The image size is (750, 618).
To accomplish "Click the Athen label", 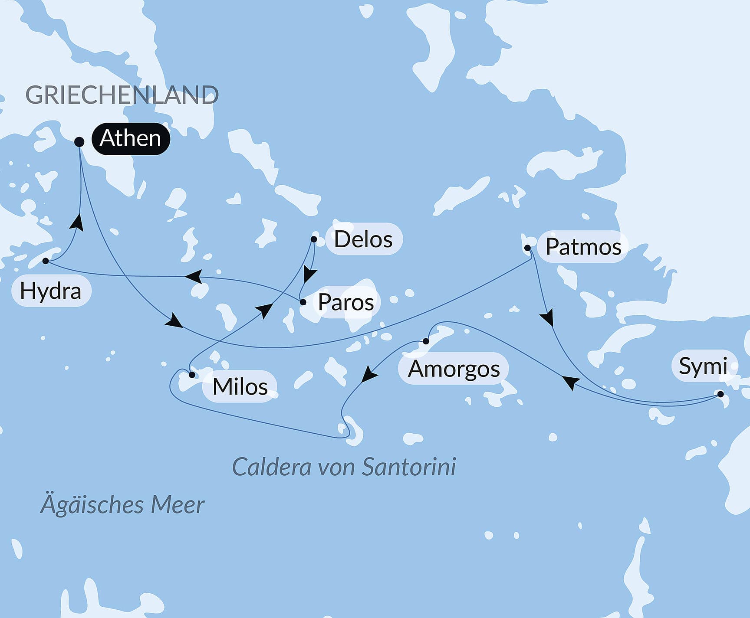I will coord(130,139).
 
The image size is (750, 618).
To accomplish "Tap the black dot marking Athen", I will coord(79,142).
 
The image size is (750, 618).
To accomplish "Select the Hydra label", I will coord(51,291).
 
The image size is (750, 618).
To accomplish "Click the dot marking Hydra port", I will coord(46,261).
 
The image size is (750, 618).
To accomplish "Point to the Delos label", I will coord(363,239).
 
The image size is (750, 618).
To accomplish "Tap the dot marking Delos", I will coord(314,239).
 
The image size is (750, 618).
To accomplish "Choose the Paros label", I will coord(346,302).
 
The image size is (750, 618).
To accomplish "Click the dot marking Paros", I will coord(303,302).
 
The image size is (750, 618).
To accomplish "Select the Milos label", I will coord(240,386).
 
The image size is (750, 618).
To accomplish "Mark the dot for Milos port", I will coord(192,375).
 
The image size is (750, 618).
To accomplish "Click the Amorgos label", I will coord(454,369).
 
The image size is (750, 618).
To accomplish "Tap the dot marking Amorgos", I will coord(426,341).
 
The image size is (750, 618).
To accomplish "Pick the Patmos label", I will coord(583,247).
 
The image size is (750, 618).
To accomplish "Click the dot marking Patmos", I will coord(527,248).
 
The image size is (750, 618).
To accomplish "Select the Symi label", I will coord(703,366).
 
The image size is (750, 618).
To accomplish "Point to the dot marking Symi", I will coord(720,394).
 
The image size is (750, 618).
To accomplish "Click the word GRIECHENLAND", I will coord(122,95).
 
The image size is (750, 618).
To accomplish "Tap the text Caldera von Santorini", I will coord(344,467).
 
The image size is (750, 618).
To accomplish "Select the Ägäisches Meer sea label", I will coord(122,505).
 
